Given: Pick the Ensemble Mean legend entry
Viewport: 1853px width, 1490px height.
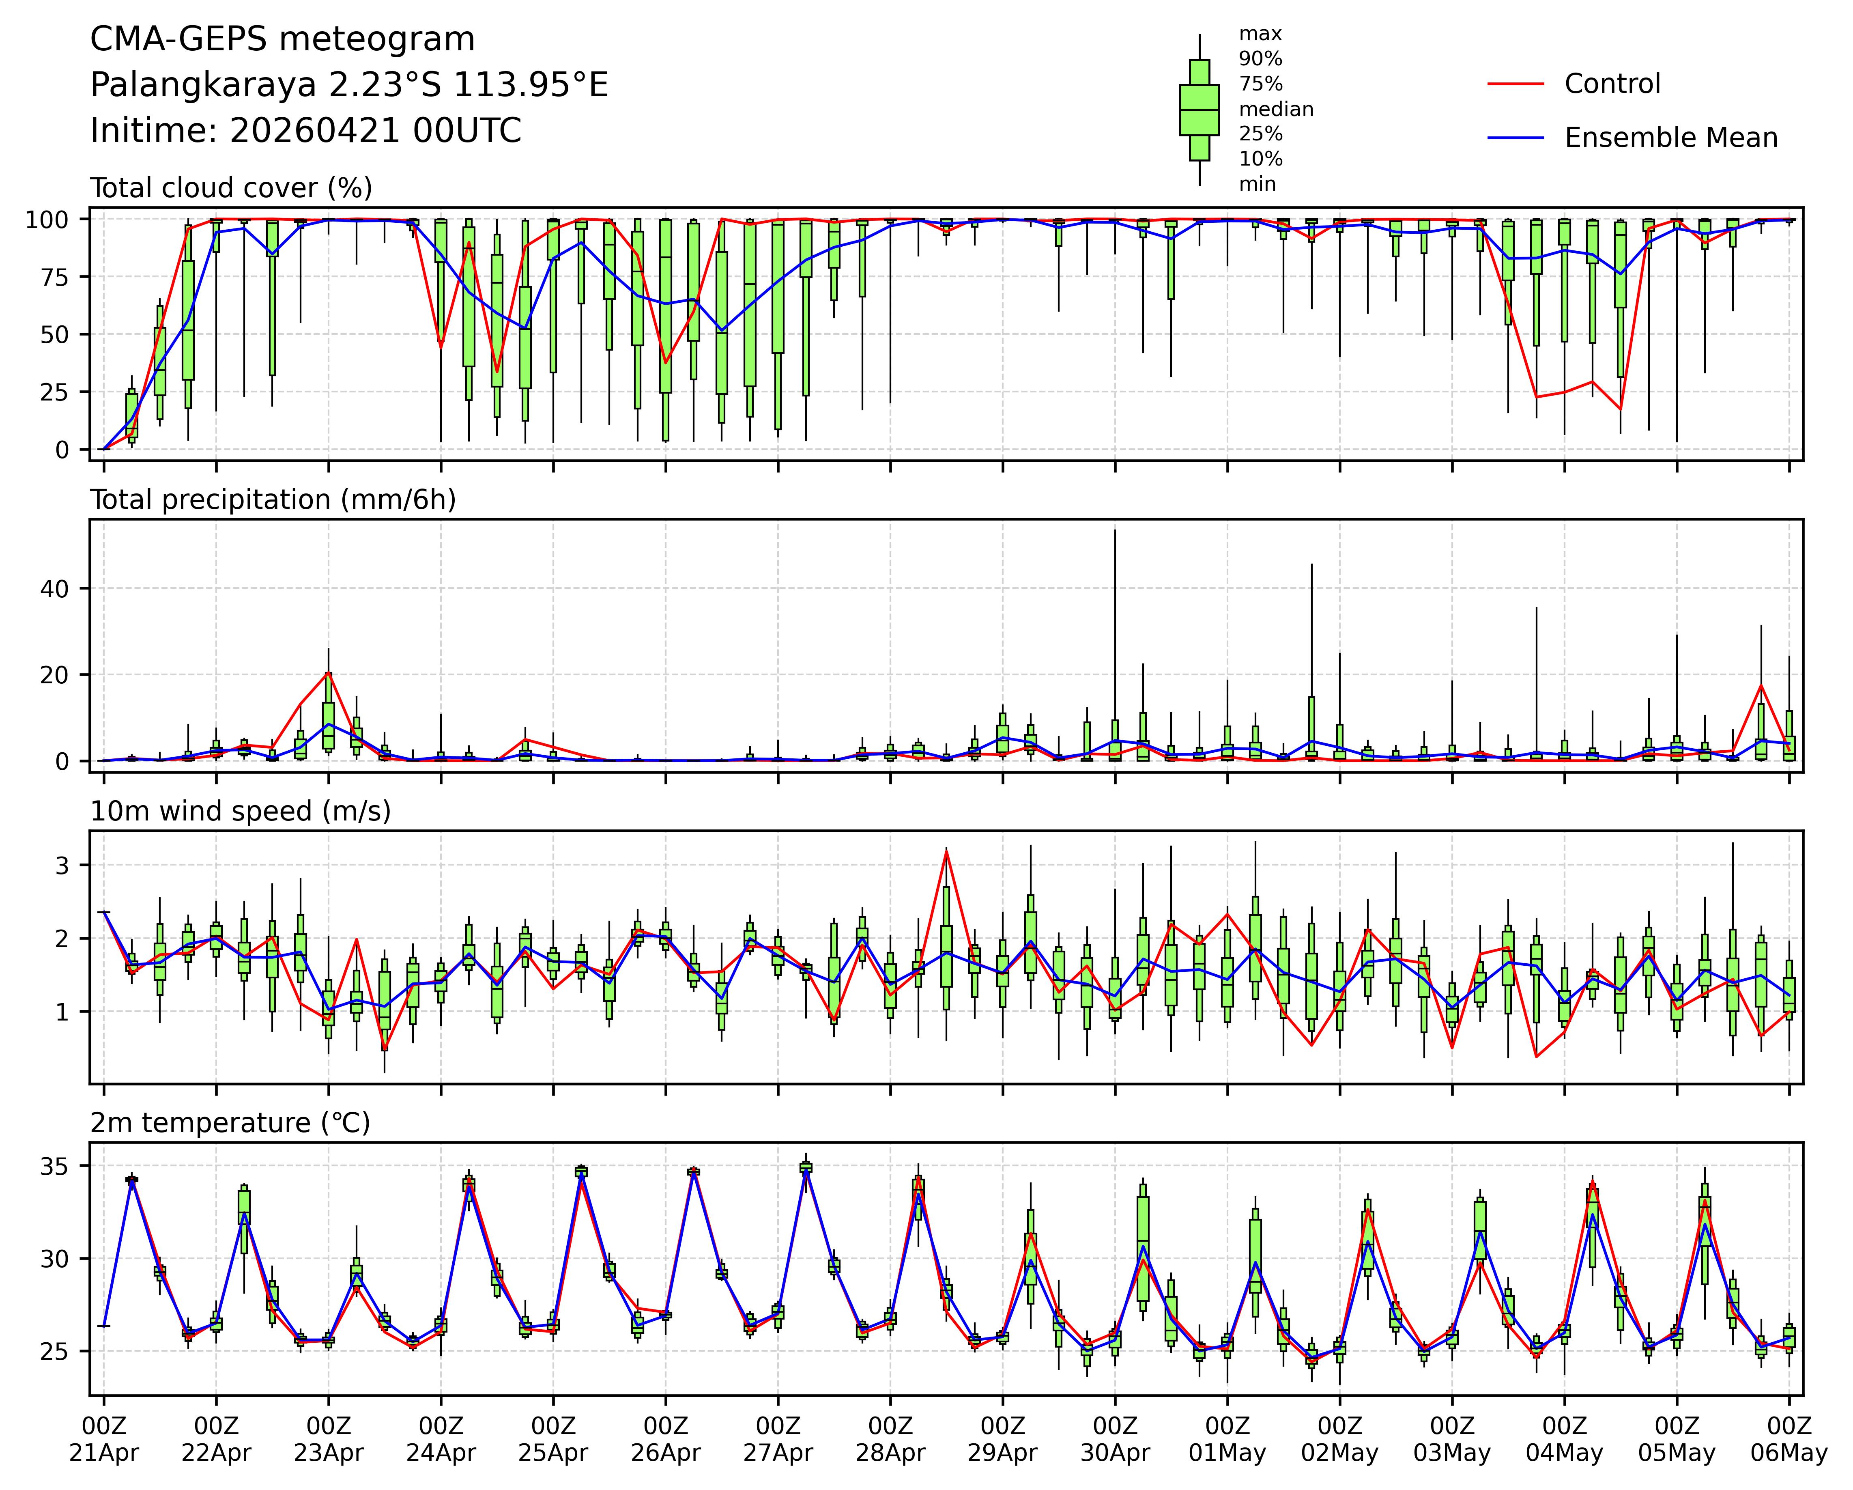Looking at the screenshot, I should pos(1670,138).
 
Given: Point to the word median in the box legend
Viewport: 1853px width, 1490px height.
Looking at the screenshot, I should pos(1275,109).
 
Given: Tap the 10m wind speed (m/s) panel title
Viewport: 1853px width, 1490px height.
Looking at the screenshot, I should pos(241,812).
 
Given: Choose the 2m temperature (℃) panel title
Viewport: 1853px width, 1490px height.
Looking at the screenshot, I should pos(230,1123).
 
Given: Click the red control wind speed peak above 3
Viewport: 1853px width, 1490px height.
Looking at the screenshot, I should pos(946,851).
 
